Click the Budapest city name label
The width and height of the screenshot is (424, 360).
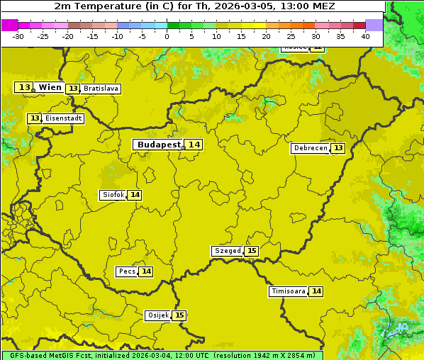159,145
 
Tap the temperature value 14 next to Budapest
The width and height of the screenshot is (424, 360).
194,145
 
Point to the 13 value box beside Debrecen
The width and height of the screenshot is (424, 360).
338,148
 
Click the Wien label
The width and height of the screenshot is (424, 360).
50,87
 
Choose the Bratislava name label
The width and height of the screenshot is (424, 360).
100,89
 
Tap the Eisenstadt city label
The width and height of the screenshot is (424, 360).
63,118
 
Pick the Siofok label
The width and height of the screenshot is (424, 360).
113,195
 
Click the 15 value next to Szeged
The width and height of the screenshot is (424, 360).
252,251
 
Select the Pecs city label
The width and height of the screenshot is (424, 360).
127,271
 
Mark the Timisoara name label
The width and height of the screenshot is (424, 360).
289,291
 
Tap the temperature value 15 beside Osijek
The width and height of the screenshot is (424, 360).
180,315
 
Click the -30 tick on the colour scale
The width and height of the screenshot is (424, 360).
18,36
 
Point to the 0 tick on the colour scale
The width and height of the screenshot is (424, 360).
167,36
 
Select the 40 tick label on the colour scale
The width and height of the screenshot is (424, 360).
365,36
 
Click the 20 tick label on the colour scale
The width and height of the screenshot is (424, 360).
266,36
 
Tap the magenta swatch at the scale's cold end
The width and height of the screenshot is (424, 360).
9,25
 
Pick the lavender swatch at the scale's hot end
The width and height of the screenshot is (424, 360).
374,25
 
